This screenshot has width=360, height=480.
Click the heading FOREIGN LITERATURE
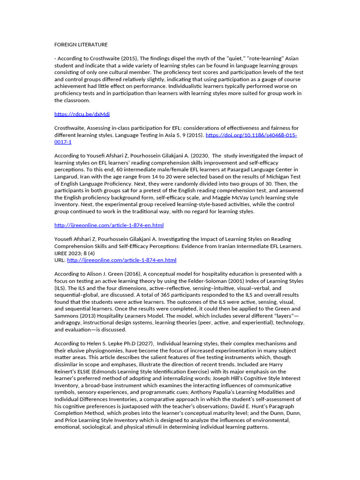(x=81, y=45)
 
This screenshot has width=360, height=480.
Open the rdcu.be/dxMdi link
(x=82, y=114)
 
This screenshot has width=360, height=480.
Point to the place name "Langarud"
(x=67, y=177)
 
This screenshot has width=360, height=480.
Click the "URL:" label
(x=60, y=260)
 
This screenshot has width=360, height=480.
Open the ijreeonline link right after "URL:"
(x=121, y=260)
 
